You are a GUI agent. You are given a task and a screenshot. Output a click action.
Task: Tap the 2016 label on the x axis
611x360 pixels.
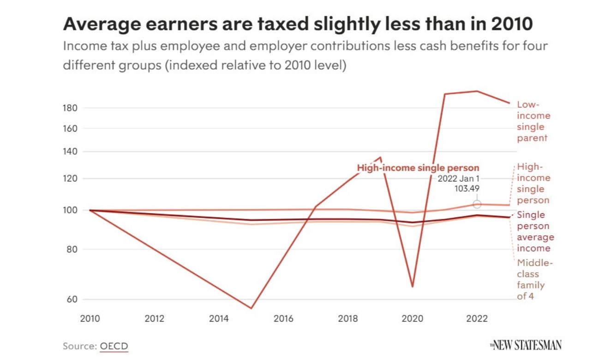[283, 319]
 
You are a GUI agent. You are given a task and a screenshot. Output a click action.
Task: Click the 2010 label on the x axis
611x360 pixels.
[90, 319]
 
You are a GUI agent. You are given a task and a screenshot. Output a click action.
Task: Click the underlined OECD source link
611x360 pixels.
[114, 346]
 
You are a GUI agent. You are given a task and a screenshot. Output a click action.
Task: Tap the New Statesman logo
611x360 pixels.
[526, 345]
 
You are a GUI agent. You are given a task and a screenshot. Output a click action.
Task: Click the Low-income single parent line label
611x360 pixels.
[533, 121]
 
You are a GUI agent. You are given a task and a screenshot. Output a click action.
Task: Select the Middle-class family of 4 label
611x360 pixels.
[534, 280]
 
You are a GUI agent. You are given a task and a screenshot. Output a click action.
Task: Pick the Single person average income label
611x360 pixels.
[535, 232]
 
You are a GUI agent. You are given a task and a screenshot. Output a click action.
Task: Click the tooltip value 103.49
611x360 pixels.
[467, 188]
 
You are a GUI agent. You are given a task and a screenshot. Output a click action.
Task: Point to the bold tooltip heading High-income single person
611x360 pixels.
[418, 168]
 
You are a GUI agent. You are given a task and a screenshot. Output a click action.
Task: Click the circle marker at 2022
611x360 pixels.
[477, 204]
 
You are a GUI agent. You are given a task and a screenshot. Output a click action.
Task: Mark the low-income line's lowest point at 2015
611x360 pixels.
[251, 308]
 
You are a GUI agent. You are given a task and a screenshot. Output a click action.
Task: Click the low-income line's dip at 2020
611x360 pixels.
[412, 287]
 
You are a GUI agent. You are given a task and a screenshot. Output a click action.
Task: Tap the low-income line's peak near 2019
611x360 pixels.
[381, 157]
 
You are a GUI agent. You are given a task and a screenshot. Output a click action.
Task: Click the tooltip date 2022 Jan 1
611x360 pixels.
[458, 179]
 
